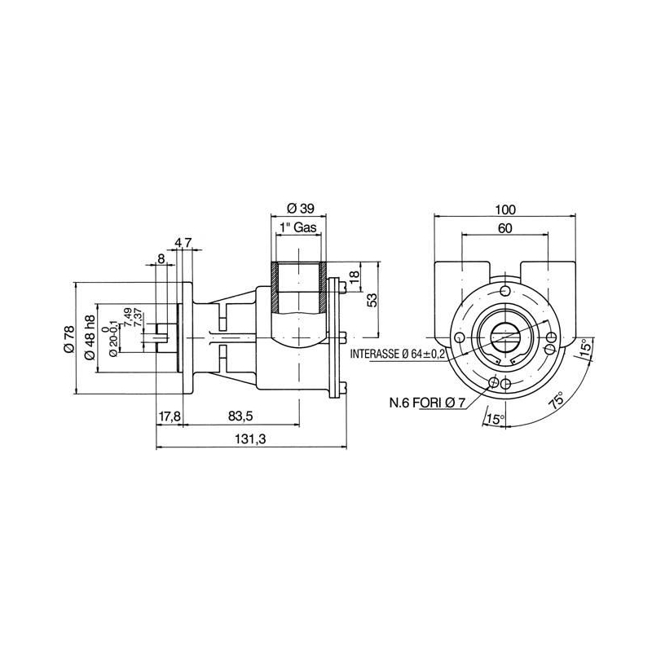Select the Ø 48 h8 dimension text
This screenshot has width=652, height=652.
tap(90, 337)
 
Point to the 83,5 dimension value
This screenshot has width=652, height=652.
tap(240, 416)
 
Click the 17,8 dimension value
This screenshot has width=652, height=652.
tap(170, 416)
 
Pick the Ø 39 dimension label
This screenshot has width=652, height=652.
tap(301, 209)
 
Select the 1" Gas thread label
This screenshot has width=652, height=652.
tap(298, 227)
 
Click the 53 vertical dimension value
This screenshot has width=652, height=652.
tap(372, 300)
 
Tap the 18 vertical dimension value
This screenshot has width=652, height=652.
tap(354, 276)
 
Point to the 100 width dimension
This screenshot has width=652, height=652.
tap(505, 209)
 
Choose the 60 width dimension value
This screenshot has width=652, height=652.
tap(505, 228)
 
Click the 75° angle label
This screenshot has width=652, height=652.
tap(557, 400)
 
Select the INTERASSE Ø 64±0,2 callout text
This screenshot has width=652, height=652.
tap(398, 354)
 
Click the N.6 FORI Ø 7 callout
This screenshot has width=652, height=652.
tap(427, 403)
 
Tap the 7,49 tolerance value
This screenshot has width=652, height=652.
tap(128, 316)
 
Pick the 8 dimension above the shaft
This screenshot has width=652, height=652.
tap(161, 258)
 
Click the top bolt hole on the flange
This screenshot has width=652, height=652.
tap(505, 290)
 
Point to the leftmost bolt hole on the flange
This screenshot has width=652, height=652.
tap(460, 337)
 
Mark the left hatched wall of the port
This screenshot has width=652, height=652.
tap(274, 288)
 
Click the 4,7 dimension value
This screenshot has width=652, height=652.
tap(183, 243)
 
